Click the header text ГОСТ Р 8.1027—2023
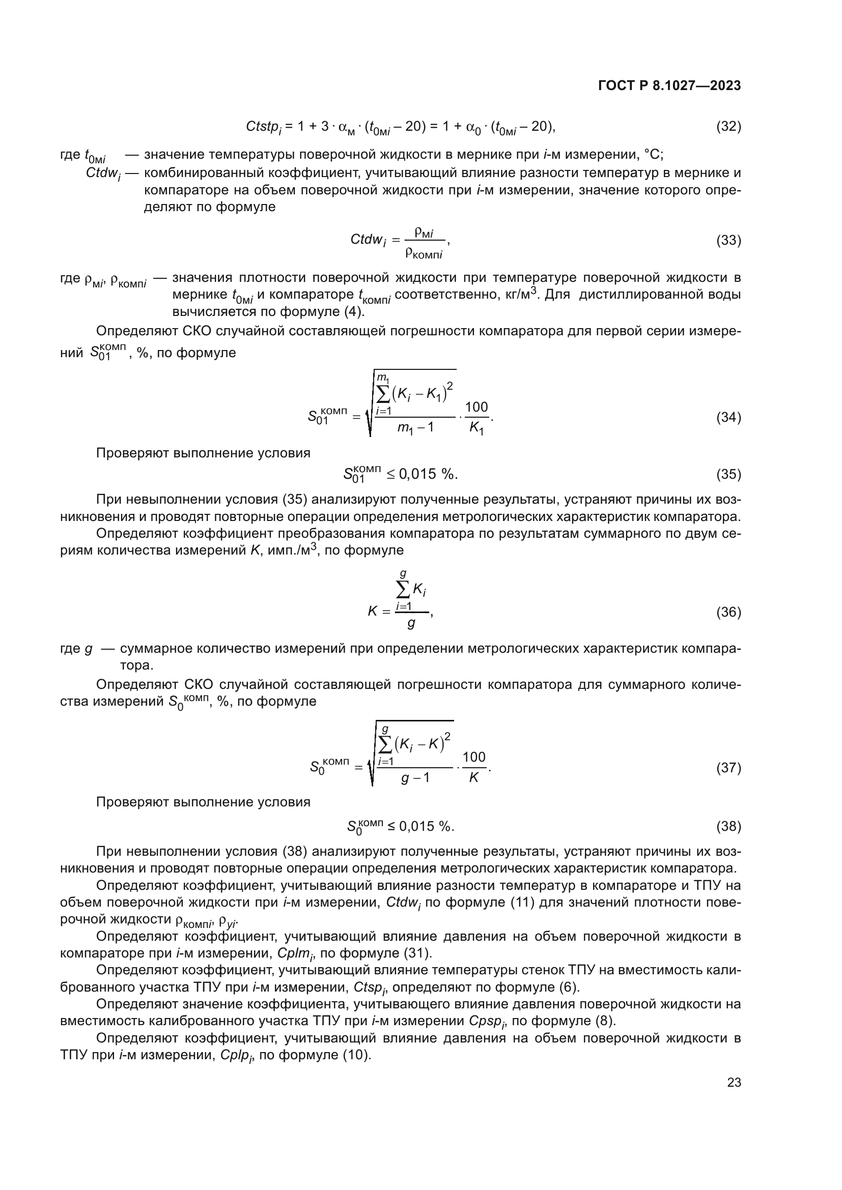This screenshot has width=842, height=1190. [669, 86]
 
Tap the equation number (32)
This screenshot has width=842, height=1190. [728, 127]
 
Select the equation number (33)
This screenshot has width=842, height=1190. [728, 241]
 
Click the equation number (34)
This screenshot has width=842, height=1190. [728, 418]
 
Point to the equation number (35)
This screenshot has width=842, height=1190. [728, 474]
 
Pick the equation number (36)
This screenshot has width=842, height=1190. [728, 613]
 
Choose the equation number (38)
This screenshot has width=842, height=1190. [728, 827]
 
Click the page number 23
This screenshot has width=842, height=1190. [734, 1083]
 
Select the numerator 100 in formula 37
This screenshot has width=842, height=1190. [474, 757]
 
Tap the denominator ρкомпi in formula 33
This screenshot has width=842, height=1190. [424, 253]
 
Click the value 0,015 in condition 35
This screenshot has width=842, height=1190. [417, 474]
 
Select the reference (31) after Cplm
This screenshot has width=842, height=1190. [417, 953]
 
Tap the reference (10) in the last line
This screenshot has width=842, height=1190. [357, 1055]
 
